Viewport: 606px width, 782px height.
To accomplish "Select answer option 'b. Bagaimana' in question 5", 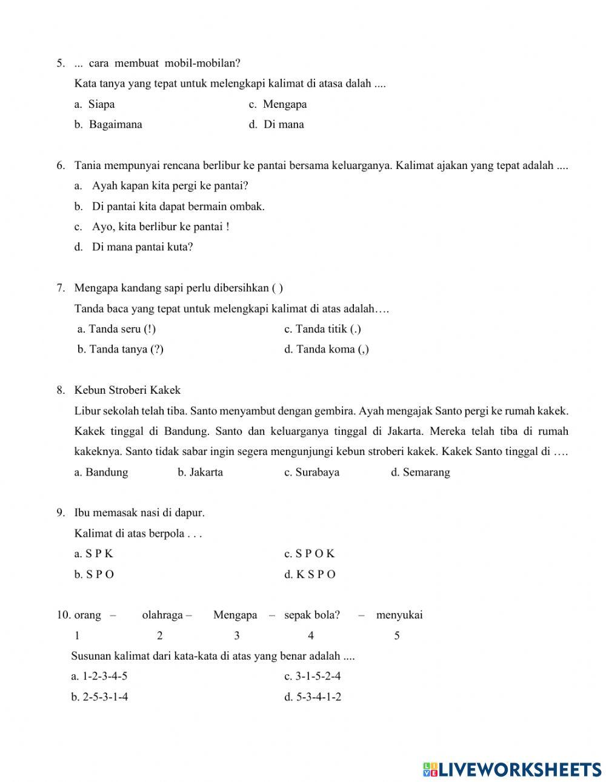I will [108, 125].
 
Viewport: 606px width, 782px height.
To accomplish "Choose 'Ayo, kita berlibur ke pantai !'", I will [160, 227].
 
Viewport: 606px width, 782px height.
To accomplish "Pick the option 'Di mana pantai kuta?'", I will [142, 247].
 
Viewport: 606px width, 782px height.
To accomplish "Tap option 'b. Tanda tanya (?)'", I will [121, 350].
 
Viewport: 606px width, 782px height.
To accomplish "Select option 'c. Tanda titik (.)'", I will [322, 329].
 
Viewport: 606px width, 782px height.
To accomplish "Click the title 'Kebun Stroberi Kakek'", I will [127, 390].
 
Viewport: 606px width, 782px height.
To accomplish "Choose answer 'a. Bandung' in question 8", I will [101, 472].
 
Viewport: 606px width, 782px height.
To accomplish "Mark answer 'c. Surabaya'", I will [311, 472].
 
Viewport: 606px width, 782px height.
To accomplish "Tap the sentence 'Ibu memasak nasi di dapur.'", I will [139, 513].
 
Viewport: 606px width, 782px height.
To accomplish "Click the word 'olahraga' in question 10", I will [162, 615].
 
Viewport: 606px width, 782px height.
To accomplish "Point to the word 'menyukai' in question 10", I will [399, 615].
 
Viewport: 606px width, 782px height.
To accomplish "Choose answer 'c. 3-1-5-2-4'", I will [312, 677].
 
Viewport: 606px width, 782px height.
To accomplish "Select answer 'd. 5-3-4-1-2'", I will [313, 697].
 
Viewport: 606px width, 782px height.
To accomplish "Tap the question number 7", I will [61, 288].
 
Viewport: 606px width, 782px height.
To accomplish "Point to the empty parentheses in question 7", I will [277, 288].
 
